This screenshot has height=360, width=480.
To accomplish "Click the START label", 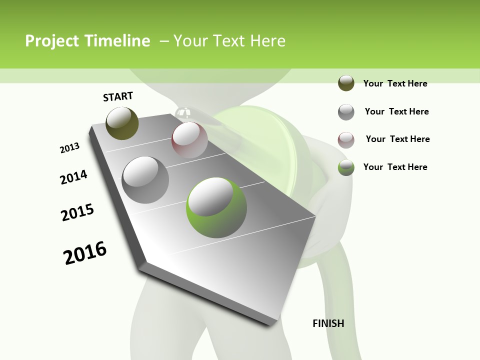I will [x=118, y=96].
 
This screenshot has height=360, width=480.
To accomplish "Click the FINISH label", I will [x=328, y=323].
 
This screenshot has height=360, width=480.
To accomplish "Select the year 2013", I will [x=69, y=148].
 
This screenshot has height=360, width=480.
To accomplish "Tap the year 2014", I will [x=73, y=177].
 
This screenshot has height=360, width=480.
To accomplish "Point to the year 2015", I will [x=77, y=212].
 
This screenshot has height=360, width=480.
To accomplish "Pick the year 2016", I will [x=85, y=253].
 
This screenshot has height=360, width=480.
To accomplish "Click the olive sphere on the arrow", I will [x=122, y=123].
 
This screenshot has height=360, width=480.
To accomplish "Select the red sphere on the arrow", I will [x=189, y=140].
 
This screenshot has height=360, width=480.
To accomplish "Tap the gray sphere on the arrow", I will [x=145, y=180].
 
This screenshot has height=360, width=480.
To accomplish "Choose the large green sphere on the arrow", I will [x=216, y=207].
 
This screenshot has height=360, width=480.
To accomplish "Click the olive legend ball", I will [x=346, y=83].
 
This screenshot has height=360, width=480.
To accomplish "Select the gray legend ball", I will [x=346, y=112].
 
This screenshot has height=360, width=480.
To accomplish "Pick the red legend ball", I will [x=346, y=140].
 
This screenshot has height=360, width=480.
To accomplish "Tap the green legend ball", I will [x=346, y=167].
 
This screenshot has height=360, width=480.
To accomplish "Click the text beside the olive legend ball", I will [x=395, y=83].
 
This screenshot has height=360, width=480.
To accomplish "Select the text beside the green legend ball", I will [x=395, y=167].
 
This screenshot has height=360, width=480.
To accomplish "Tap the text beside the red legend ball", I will [x=397, y=139].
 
